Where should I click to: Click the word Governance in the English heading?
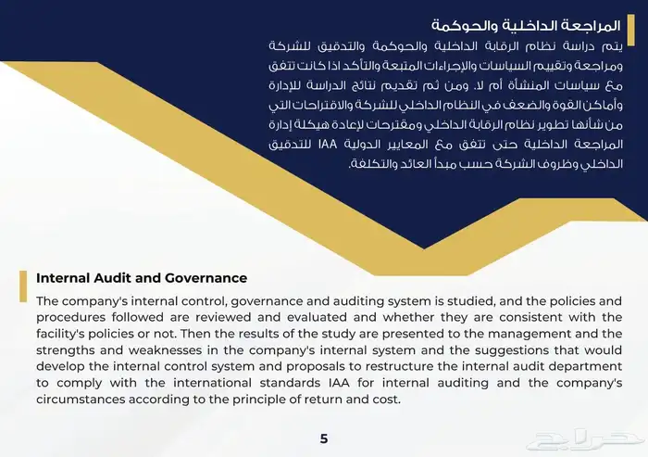[201, 277]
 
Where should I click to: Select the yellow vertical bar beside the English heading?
[22, 286]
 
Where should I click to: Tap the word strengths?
[68, 350]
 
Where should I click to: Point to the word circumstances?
[81, 400]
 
